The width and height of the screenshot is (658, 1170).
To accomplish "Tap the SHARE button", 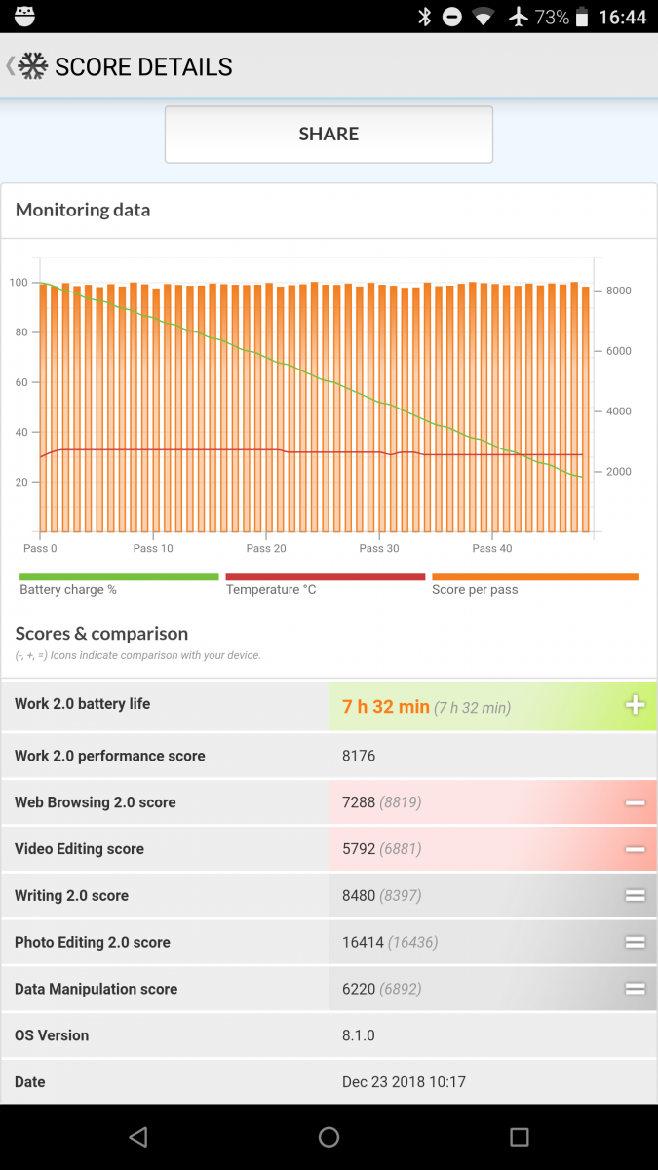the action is coord(329,135).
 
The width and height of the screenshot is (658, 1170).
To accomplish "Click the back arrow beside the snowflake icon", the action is coord(10,66).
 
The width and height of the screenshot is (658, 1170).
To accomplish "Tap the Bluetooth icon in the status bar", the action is coord(425,17).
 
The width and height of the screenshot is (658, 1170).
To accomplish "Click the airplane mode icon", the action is coord(518,17).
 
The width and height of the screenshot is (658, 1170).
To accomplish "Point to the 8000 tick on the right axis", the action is coord(618,291).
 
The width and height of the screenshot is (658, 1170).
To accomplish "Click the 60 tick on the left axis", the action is coord(21,382).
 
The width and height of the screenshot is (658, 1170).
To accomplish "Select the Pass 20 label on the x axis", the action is coord(266,548).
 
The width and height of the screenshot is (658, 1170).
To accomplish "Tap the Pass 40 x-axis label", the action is coord(492,548).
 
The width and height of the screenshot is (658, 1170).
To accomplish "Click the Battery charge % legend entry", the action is coord(68,589).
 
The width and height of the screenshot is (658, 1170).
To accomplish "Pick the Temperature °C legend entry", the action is coord(271,589).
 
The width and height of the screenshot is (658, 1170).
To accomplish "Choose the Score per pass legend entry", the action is coord(475,589).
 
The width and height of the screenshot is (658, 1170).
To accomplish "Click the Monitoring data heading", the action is coord(83,210).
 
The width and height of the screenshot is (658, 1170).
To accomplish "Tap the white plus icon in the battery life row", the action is coord(635,705).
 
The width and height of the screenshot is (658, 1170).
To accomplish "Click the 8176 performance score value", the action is coord(359,756).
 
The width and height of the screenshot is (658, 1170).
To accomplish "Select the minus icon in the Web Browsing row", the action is coord(635,802).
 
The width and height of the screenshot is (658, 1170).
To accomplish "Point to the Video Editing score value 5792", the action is coord(359,849).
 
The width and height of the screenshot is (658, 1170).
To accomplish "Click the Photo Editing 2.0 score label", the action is coord(93,942).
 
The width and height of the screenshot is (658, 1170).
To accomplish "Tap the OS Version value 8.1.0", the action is coord(359,1035).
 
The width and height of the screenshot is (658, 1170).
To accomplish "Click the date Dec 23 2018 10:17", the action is coord(404,1081).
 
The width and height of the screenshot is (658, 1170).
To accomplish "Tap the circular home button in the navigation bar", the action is coord(329,1137).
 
